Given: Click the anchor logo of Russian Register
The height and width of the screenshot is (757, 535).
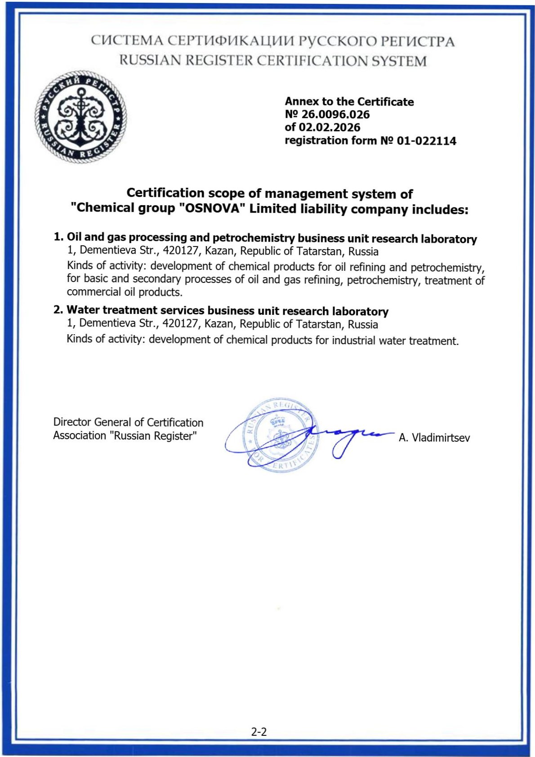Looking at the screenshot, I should coord(80,117).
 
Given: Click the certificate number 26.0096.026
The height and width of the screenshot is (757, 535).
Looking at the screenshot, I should coord(335,114).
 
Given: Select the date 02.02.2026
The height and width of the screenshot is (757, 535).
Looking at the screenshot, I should coord(330,127).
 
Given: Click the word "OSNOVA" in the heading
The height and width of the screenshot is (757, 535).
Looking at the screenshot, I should coord(212,209).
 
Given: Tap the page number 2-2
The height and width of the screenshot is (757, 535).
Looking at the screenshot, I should coord(259,732).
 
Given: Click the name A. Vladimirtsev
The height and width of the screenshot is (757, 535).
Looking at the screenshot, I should coord(434,438).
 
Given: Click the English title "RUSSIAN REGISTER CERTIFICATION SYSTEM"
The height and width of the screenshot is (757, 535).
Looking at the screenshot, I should coord(273,60).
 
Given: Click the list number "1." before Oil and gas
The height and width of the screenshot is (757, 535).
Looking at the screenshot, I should coord(59,237).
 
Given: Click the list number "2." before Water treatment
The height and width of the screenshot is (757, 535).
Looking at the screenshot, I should coord(58,309).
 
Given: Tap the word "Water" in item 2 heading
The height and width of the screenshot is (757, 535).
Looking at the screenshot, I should coord(83,310).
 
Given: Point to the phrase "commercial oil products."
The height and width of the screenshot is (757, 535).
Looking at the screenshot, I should coord(125,292).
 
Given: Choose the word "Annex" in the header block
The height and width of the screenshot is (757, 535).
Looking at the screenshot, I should coord(301,101).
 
